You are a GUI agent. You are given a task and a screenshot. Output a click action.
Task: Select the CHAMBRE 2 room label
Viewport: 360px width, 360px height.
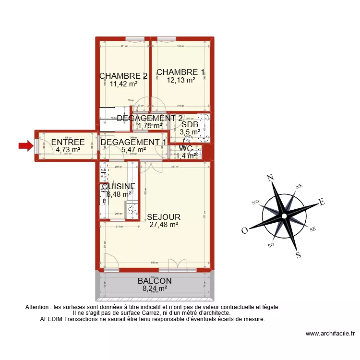point(123,76)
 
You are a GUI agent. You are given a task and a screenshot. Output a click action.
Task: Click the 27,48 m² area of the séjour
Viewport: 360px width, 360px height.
point(164,224)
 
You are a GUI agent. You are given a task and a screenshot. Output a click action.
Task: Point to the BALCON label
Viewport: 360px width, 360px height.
point(155,281)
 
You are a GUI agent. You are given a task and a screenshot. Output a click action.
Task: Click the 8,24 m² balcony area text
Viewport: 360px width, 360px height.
point(155,288)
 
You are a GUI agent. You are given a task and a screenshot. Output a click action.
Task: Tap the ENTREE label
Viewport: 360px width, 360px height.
point(68,142)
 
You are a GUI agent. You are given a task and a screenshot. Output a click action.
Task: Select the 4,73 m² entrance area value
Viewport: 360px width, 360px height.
point(68,150)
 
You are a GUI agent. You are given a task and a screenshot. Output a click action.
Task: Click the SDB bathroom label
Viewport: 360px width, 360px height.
point(190,125)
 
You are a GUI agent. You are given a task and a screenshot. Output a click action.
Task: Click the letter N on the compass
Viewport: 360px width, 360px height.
point(270,179)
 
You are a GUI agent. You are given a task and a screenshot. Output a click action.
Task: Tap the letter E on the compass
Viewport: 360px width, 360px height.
point(322,203)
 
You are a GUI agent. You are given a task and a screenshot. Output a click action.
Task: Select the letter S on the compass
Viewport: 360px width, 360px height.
point(298,255)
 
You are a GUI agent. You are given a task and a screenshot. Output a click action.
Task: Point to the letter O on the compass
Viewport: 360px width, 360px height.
point(244,230)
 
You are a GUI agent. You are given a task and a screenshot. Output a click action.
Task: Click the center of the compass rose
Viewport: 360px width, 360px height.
point(284,216)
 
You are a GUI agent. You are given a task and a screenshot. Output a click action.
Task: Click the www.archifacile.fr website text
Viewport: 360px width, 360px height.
point(330,334)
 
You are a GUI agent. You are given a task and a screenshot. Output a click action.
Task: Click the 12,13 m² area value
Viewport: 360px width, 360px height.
point(180,80)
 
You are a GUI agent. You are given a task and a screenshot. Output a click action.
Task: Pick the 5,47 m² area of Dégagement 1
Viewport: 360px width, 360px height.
point(133,150)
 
